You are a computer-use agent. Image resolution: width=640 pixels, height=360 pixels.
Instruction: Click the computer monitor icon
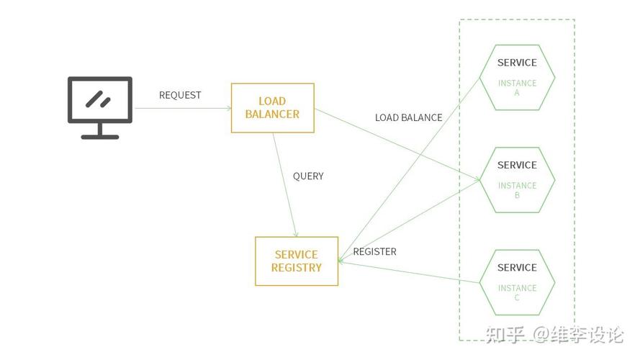(100, 107)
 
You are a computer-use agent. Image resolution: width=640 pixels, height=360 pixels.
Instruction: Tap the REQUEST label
(180, 95)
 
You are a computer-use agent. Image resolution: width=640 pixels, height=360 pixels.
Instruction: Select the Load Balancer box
(272, 108)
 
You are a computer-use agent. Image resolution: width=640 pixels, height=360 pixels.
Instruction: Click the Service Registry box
(297, 261)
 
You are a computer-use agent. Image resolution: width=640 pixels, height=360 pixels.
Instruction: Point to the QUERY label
(308, 176)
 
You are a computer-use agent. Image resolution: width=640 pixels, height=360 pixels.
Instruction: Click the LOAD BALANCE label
(408, 117)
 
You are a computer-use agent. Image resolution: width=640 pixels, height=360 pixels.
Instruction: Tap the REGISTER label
(374, 251)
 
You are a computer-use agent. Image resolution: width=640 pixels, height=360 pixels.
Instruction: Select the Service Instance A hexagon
(517, 77)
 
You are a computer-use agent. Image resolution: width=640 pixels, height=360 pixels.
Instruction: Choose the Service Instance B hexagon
(517, 179)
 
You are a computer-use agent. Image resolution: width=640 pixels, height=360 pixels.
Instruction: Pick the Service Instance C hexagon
(517, 282)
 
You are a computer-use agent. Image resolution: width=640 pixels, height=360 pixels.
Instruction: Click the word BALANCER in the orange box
(272, 114)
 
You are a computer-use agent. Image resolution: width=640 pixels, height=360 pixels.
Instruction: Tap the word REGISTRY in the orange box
(297, 267)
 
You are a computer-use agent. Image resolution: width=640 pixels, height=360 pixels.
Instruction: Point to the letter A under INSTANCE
(517, 93)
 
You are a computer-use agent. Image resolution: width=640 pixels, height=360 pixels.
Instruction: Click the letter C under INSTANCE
(517, 298)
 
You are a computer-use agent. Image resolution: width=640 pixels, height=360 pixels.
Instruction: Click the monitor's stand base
(100, 136)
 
